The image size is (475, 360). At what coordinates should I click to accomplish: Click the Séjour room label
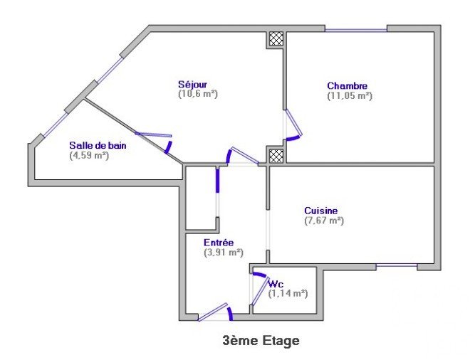click(x=193, y=84)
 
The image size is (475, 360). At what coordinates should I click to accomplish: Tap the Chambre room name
click(x=347, y=85)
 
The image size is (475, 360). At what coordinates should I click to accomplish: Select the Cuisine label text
click(x=320, y=211)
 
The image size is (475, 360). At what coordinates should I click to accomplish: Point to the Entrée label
click(x=219, y=243)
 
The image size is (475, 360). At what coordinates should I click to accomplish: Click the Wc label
click(x=276, y=284)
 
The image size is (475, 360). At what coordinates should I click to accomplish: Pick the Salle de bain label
click(x=98, y=145)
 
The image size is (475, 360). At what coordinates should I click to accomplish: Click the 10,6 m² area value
click(x=198, y=94)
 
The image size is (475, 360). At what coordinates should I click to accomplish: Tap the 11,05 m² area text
click(x=350, y=95)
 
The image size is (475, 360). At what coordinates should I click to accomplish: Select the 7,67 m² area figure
click(x=324, y=221)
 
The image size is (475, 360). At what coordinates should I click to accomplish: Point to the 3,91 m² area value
click(x=224, y=253)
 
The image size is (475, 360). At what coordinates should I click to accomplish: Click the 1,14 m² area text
click(x=288, y=293)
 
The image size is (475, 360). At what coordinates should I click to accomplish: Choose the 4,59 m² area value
click(x=89, y=156)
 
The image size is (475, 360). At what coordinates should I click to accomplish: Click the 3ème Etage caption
click(x=261, y=341)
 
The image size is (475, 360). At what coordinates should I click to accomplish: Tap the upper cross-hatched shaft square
click(x=276, y=38)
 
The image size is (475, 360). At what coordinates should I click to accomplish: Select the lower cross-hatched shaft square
click(x=276, y=156)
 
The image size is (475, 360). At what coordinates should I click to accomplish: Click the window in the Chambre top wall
click(x=356, y=30)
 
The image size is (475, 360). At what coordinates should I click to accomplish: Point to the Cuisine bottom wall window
click(x=397, y=265)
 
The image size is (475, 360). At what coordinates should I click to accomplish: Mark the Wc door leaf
click(x=259, y=291)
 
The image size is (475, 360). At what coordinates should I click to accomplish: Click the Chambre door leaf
click(x=294, y=122)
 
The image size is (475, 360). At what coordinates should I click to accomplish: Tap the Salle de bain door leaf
click(x=153, y=134)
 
